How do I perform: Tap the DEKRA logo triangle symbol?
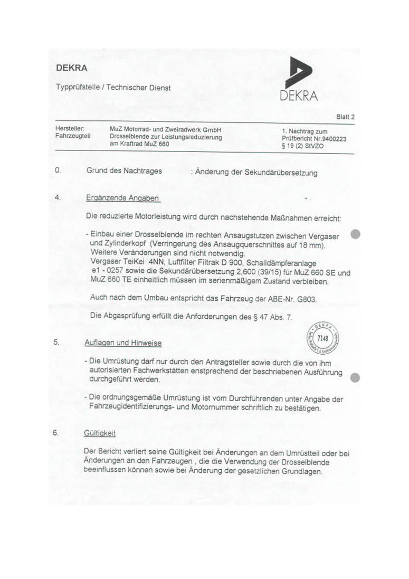(x=300, y=73)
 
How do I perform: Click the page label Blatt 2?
(x=345, y=117)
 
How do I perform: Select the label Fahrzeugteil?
(x=70, y=136)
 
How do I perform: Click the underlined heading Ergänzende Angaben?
(x=122, y=198)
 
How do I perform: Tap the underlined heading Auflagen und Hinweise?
(x=123, y=343)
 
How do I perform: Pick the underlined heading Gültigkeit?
(x=100, y=433)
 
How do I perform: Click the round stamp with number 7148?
(x=324, y=337)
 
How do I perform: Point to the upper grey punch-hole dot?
(x=356, y=234)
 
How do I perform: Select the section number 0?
(x=58, y=171)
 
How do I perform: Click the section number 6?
(x=55, y=432)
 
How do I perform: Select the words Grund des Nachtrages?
(x=124, y=171)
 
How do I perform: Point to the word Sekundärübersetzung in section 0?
(x=278, y=173)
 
